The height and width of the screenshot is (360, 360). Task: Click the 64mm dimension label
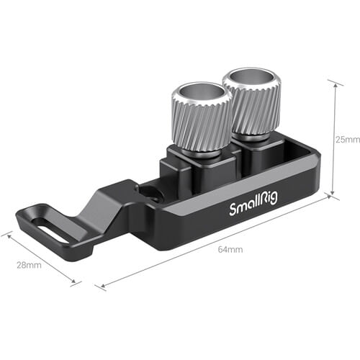pos(232,250)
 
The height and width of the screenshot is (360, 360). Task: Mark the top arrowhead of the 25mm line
pos(333,82)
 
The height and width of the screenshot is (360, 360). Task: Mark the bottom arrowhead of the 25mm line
pos(333,194)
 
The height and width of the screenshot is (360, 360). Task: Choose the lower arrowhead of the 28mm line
pos(77,283)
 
